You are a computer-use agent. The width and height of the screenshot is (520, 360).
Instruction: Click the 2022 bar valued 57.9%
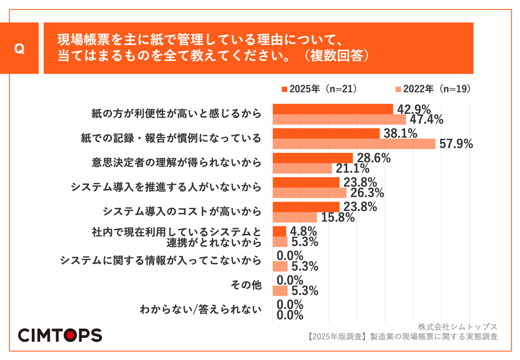[354, 144]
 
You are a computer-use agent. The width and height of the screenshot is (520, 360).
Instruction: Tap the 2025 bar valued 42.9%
[333, 109]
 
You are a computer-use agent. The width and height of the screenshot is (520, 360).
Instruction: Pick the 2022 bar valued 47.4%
[339, 119]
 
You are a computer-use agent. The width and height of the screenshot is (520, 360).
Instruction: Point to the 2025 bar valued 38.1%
[326, 134]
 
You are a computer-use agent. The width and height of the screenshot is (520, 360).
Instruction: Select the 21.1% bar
[302, 168]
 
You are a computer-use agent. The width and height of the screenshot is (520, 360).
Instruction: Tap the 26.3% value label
[367, 193]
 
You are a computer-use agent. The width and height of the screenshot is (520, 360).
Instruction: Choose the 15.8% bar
[295, 217]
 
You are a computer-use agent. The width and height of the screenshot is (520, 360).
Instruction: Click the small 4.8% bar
[279, 232]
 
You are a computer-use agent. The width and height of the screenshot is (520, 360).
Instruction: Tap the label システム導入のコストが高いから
[182, 212]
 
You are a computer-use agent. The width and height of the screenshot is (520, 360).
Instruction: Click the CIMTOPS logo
[60, 335]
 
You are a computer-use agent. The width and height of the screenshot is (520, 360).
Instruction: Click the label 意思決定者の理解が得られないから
[176, 163]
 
